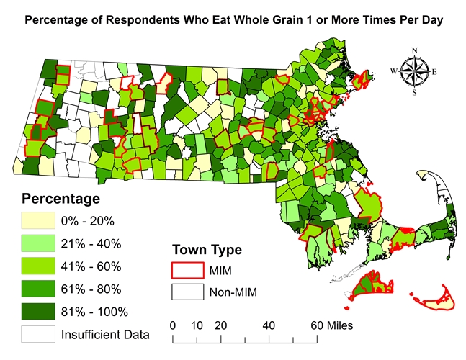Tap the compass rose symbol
pyautogui.click(x=414, y=71)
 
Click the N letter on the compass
pyautogui.click(x=414, y=50)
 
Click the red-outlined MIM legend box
pyautogui.click(x=184, y=271)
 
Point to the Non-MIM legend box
pyautogui.click(x=184, y=292)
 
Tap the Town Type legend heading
pyautogui.click(x=207, y=250)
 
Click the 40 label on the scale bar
pyautogui.click(x=269, y=325)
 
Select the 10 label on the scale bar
pyautogui.click(x=196, y=325)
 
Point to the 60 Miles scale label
pyautogui.click(x=333, y=325)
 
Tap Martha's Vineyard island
pyautogui.click(x=372, y=285)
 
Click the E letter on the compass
pyautogui.click(x=434, y=71)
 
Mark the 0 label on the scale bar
pyautogui.click(x=173, y=325)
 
